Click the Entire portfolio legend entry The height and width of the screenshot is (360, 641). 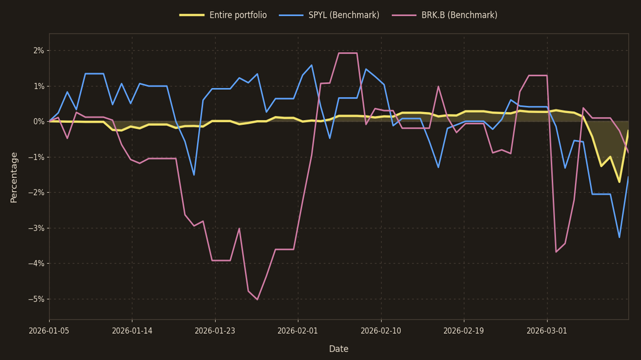pos(223,16)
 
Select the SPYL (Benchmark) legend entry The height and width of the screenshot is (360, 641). pos(329,16)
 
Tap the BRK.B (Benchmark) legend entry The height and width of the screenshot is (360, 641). pos(445,16)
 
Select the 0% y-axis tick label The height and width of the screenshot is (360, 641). pos(39,122)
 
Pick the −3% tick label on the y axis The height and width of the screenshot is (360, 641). pos(36,228)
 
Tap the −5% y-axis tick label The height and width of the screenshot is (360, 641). pos(36,299)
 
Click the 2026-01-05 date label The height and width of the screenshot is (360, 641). pos(49,331)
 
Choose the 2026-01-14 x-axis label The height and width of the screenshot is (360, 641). pos(132,331)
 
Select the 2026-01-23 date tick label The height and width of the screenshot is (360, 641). pos(215,331)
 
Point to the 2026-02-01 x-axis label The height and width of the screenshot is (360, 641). pos(298,331)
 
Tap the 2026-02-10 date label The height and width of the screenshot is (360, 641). pos(381,331)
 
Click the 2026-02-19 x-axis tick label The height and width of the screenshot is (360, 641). pos(464,331)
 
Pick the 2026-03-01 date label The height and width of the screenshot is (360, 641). pos(547,331)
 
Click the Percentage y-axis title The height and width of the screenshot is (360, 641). pos(14,177)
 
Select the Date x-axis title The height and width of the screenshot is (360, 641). pos(338,349)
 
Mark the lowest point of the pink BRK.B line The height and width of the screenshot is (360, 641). pos(257,299)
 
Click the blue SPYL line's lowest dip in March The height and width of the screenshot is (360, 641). pos(619,237)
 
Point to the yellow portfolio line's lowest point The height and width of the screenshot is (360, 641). pos(619,182)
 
